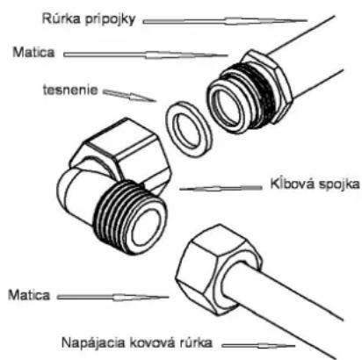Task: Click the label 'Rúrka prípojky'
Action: [x=89, y=19]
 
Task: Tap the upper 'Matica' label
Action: [x=33, y=53]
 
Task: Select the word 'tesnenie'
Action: [x=70, y=90]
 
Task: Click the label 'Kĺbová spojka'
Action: [x=315, y=184]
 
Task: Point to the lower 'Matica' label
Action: [x=29, y=295]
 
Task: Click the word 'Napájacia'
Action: [x=93, y=342]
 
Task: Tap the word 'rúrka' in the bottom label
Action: [x=195, y=342]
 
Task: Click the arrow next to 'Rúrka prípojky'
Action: [x=225, y=21]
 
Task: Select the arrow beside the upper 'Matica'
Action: [x=146, y=54]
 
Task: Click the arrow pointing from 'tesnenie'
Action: [x=129, y=96]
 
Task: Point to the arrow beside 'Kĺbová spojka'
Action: [x=221, y=188]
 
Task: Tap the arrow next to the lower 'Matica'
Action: [x=112, y=298]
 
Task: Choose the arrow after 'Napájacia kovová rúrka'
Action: [x=258, y=346]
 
